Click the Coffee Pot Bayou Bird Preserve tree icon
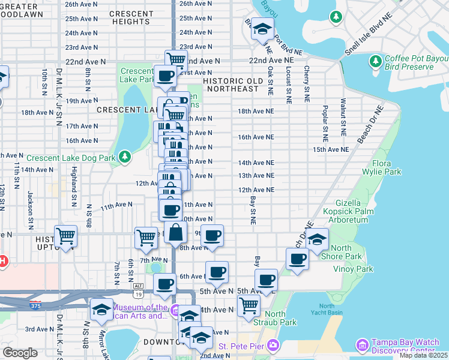click(376, 61)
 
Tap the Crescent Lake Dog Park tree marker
click(124, 157)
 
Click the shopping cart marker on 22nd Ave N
click(175, 59)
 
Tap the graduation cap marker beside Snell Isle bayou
click(262, 29)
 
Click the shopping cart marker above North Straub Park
click(249, 305)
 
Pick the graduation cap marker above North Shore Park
click(316, 239)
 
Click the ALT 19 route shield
click(138, 290)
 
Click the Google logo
click(20, 353)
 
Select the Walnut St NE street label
click(343, 116)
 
